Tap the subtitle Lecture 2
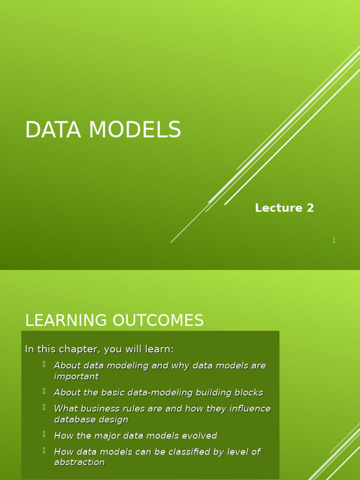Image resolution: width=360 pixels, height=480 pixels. [284, 208]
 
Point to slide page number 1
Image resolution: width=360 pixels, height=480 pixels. [334, 240]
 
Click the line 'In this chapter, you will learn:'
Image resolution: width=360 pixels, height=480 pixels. [99, 349]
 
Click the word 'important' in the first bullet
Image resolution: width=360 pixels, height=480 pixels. [76, 376]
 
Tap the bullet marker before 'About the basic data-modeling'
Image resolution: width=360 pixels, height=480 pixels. [44, 391]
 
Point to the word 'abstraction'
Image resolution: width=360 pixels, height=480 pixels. [79, 462]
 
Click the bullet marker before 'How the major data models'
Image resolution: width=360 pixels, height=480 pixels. [44, 434]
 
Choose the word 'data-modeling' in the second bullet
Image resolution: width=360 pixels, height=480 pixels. [154, 393]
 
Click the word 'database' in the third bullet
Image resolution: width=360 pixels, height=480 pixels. [75, 420]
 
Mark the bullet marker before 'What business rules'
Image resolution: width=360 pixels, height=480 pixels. [44, 407]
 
